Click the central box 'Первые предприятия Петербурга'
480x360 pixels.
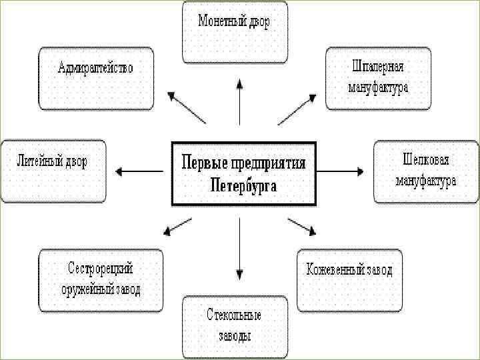[x=243, y=173]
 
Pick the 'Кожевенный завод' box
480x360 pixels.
[x=349, y=280]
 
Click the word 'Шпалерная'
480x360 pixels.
[x=377, y=67]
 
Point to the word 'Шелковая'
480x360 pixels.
[x=425, y=161]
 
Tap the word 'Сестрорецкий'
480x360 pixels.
[x=101, y=269]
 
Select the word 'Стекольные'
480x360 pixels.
[x=234, y=315]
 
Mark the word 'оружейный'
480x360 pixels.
[x=87, y=289]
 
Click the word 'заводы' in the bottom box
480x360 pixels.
[x=235, y=335]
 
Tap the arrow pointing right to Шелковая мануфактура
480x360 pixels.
[x=339, y=171]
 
